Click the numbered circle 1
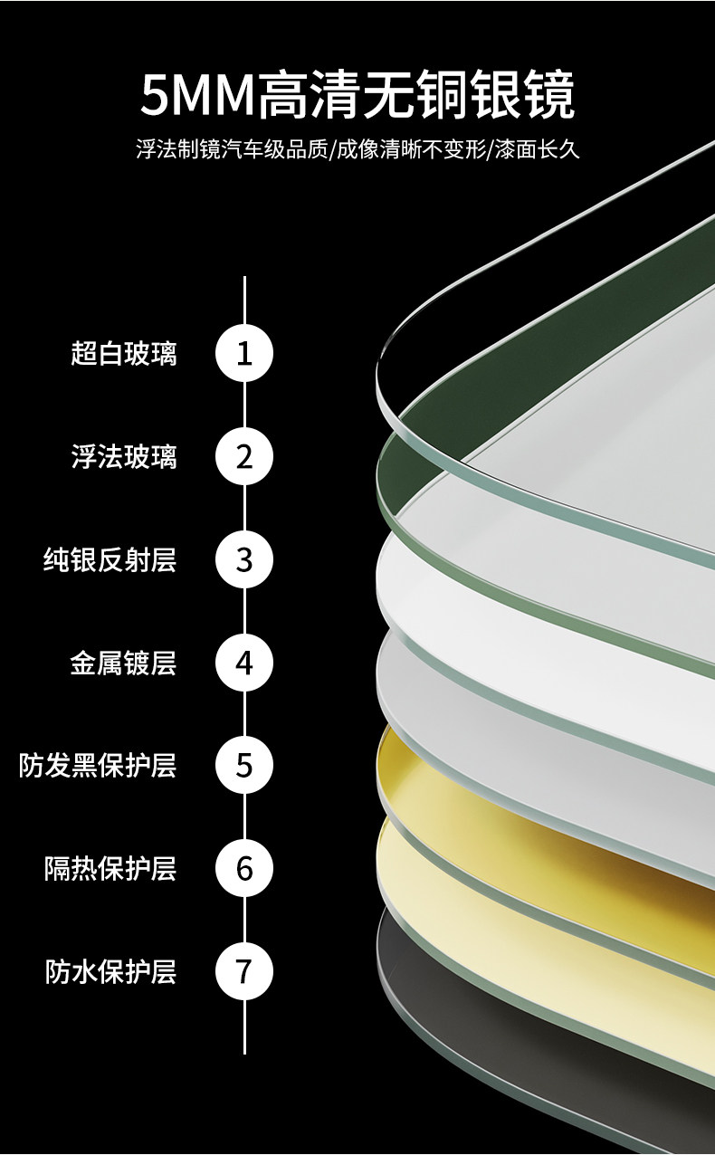tap(244, 353)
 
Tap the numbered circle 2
tap(244, 456)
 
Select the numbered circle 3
tap(244, 559)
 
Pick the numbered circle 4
tap(244, 663)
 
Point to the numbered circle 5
tap(244, 766)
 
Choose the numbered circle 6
tap(244, 869)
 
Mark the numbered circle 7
tap(244, 972)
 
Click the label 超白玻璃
tap(124, 353)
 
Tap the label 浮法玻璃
tap(124, 456)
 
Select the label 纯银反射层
tap(110, 560)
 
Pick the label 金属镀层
tap(124, 663)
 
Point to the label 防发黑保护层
tap(98, 766)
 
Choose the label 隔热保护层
tap(110, 869)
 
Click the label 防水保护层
tap(110, 972)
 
